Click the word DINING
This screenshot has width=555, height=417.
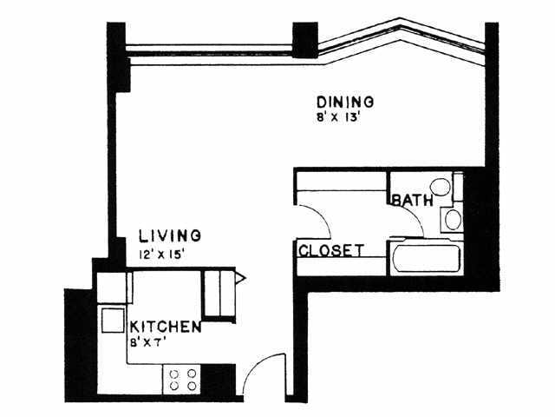click(x=345, y=102)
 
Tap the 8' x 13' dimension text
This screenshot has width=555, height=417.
click(x=338, y=117)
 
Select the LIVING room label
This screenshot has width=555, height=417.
click(x=170, y=236)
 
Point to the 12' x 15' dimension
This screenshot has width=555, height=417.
click(x=162, y=255)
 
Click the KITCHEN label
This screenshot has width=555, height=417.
click(x=166, y=327)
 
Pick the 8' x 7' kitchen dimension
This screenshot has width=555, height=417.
click(x=148, y=343)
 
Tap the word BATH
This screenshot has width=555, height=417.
click(x=413, y=201)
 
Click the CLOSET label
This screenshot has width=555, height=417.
click(x=331, y=250)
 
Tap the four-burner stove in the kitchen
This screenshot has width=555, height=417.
click(x=182, y=380)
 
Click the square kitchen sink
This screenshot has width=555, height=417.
click(x=113, y=321)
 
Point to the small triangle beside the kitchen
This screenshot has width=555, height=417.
click(x=240, y=278)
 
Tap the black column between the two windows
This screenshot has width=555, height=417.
click(x=304, y=40)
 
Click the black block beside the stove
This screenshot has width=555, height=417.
click(x=218, y=380)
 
